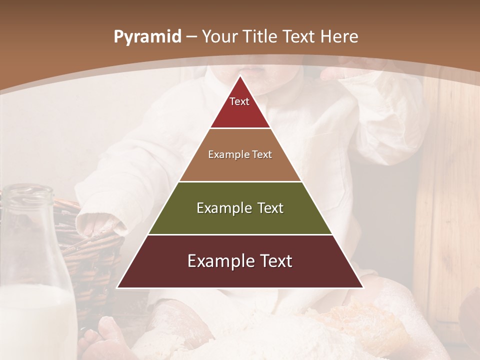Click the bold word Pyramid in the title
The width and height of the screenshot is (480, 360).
147,37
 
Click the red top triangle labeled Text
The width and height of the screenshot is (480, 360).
240,107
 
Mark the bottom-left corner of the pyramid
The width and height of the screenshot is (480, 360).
118,287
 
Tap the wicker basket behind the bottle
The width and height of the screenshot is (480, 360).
95,260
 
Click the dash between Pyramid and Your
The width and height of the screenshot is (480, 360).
191,37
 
